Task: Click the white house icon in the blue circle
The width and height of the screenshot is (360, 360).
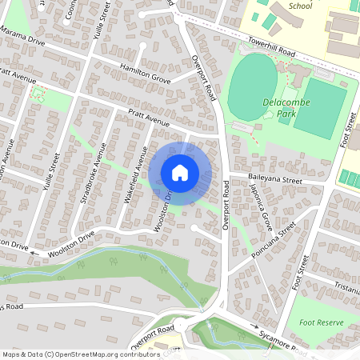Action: point(180,173)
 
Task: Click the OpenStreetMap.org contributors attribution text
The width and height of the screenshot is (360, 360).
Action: point(104,354)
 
